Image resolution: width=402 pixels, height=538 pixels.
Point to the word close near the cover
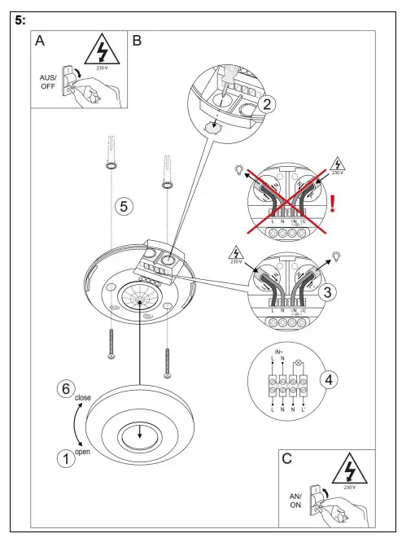83,398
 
